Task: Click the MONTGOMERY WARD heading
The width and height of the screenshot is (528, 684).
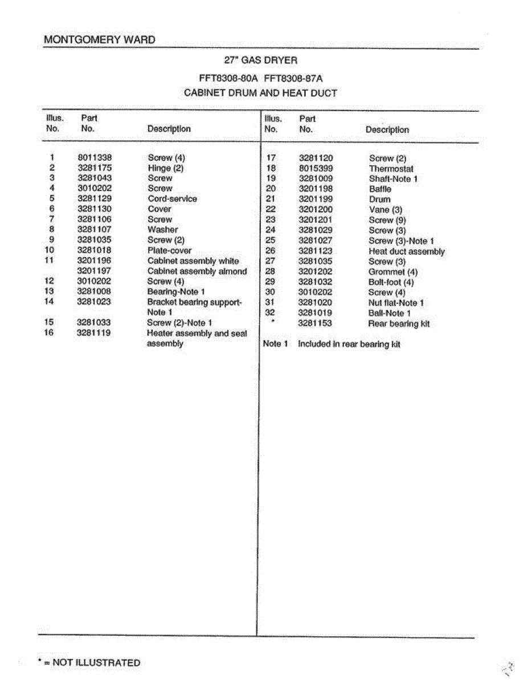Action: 99,40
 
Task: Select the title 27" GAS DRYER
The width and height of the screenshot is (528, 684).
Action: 260,60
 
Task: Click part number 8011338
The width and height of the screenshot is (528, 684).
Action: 95,157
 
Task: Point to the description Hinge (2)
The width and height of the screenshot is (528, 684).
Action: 166,168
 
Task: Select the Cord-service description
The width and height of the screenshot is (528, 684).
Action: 172,199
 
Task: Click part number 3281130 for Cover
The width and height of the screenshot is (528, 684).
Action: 95,209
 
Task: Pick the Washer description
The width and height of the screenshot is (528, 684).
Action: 162,230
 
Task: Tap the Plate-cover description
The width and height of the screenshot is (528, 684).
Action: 169,250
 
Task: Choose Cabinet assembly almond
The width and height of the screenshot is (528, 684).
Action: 197,271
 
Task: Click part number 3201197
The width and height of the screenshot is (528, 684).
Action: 95,271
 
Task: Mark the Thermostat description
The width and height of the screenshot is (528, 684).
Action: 391,169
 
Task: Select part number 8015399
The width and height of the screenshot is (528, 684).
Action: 316,169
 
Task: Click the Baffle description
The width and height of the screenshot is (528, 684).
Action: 380,189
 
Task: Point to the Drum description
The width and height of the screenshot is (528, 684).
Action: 379,199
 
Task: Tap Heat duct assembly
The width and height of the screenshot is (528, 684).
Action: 407,251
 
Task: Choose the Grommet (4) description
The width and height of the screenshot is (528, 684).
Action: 393,272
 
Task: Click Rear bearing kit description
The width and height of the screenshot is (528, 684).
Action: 399,324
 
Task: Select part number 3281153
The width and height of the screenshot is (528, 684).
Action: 315,324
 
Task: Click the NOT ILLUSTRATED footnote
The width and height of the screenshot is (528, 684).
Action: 89,662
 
